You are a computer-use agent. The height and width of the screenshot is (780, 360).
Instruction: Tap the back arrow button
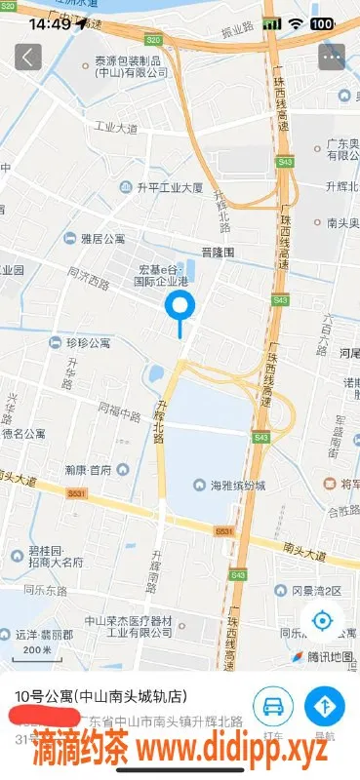[x=27, y=56]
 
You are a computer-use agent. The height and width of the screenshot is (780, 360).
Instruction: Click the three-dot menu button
[x=333, y=56]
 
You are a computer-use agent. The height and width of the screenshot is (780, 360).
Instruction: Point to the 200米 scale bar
[x=37, y=650]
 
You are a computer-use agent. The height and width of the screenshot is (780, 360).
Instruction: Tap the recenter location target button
[x=324, y=621]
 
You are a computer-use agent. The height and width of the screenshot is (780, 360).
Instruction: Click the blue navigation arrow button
[x=325, y=706]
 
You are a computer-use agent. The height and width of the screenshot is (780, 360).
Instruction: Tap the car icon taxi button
[x=273, y=706]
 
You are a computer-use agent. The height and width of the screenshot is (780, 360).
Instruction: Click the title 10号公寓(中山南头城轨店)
[x=100, y=697]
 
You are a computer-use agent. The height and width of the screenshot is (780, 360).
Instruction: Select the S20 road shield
[x=153, y=40]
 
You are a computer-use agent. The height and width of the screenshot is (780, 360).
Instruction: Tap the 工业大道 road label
[x=112, y=128]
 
